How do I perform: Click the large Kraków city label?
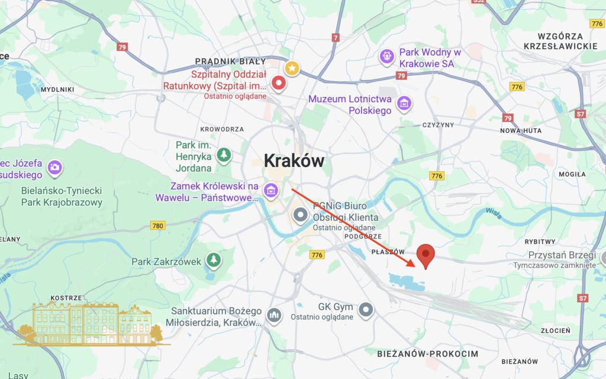[294, 160]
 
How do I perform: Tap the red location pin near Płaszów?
[426, 256]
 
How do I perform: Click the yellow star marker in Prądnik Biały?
[292, 68]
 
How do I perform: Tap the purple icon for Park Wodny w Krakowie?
[387, 56]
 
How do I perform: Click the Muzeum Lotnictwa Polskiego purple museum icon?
[404, 104]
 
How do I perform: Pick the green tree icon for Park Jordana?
[224, 155]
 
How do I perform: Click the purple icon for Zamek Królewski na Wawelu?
[270, 190]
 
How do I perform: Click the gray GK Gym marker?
[367, 309]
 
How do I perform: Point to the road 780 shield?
[157, 226]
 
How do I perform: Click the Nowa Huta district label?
[518, 131]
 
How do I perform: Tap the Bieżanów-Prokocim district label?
[427, 353]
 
